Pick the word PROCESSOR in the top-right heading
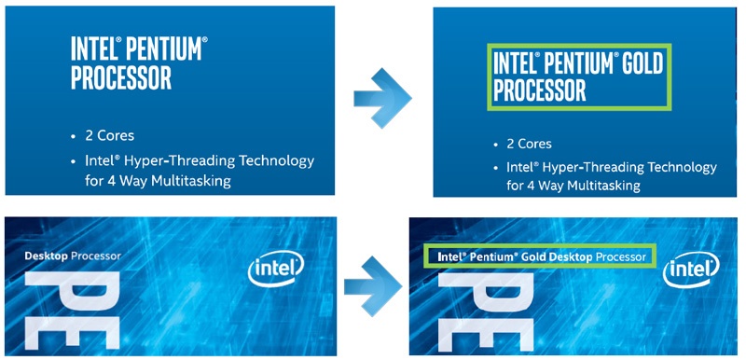(x=540, y=90)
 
